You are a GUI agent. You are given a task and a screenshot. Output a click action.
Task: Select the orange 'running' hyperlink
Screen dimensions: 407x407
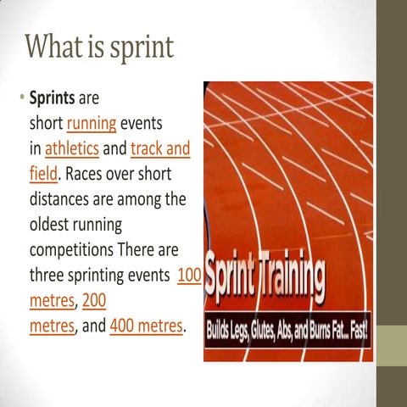pyautogui.click(x=91, y=124)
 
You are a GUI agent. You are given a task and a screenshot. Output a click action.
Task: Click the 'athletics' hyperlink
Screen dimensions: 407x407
pyautogui.click(x=72, y=149)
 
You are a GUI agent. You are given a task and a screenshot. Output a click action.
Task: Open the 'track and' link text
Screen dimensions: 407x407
pyautogui.click(x=161, y=149)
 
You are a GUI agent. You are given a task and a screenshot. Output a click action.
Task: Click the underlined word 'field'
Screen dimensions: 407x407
pyautogui.click(x=43, y=175)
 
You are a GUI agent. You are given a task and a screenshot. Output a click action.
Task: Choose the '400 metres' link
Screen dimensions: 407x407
pyautogui.click(x=146, y=326)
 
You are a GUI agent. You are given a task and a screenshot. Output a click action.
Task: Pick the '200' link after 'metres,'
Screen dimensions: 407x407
pyautogui.click(x=95, y=300)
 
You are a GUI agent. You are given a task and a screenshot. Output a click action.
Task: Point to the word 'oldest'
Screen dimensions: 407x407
pyautogui.click(x=53, y=226)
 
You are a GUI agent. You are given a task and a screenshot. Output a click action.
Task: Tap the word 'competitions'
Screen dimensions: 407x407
pyautogui.click(x=77, y=251)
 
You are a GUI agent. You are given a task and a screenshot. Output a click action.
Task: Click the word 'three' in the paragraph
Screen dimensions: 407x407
pyautogui.click(x=49, y=276)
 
